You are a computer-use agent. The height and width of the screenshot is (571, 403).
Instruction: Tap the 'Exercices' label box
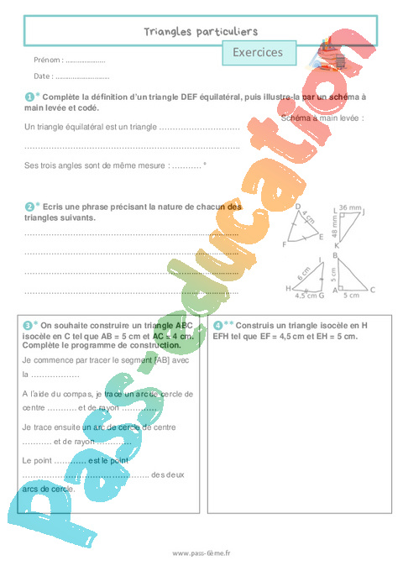point(258,52)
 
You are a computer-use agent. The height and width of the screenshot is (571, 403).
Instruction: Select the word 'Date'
point(42,76)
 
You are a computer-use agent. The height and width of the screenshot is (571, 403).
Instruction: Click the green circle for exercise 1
point(29,97)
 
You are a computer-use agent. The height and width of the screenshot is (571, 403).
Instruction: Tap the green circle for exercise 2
point(29,206)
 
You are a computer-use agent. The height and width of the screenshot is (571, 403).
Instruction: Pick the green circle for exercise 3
point(29,324)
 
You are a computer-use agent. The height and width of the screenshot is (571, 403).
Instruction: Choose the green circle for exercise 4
point(218,325)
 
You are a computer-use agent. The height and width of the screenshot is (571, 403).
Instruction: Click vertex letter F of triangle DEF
point(285,244)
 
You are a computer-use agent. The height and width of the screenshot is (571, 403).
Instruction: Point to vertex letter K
point(337,245)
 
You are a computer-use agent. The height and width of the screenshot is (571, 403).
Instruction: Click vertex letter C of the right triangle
point(372,289)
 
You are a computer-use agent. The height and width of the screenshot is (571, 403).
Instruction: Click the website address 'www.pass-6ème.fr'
point(201,553)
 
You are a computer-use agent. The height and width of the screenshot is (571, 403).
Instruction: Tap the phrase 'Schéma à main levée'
point(322,119)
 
